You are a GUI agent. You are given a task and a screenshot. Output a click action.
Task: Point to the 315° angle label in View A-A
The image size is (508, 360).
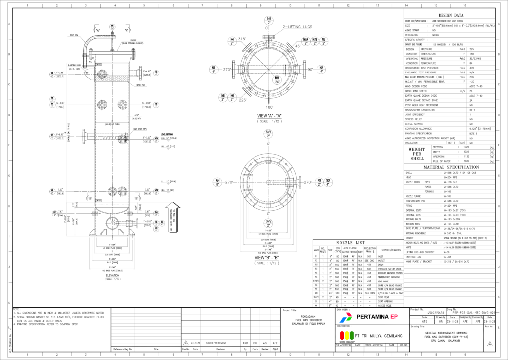[x=242, y=39]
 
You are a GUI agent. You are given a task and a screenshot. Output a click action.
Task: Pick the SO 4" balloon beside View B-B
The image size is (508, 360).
[x=328, y=182]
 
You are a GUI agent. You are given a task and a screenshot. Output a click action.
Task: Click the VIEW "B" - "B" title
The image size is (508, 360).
[x=269, y=257]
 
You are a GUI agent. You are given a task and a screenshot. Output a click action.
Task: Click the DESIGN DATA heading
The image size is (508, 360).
[x=451, y=15]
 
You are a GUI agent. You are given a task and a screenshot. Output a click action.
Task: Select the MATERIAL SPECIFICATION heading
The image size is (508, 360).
[x=451, y=168]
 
